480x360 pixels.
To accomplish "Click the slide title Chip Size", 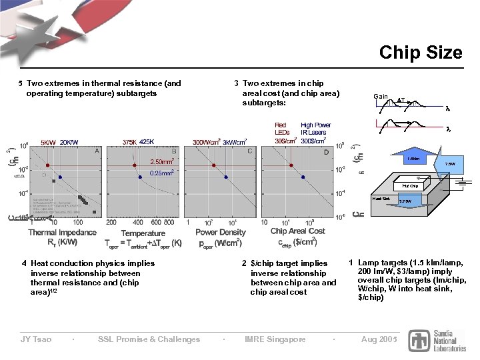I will click(421, 52).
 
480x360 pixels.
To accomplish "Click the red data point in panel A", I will click(48, 165).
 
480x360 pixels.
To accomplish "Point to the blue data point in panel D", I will click(303, 177).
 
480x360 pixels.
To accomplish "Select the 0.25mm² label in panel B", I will click(163, 173).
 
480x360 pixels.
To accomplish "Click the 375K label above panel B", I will click(129, 141).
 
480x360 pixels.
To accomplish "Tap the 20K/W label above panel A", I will click(69, 142).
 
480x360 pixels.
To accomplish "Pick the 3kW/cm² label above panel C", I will click(235, 141).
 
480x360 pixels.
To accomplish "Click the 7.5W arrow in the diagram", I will click(449, 164).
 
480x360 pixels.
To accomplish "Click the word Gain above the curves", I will click(381, 97).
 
